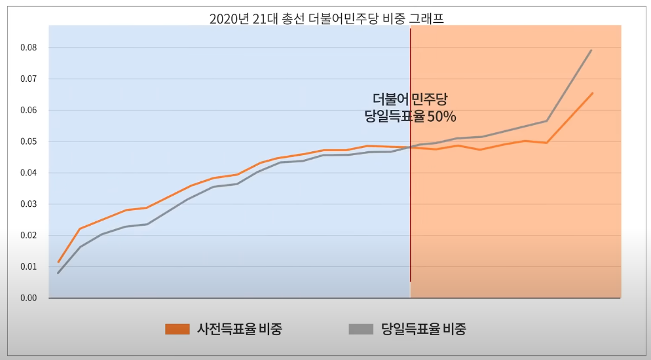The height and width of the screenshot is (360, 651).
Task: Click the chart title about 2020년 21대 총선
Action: coord(326,18)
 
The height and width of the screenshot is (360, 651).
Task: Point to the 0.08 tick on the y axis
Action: coord(28,48)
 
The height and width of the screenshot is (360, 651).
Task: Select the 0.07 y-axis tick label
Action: coord(28,79)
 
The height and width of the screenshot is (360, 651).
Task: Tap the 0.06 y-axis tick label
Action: coord(28,111)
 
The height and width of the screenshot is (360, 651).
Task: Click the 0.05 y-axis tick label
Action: coord(28,142)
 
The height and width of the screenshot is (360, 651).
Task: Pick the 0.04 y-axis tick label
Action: coord(28,173)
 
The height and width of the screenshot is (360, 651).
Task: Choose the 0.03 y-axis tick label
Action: coord(28,204)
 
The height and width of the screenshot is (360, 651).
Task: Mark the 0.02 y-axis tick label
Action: coord(28,236)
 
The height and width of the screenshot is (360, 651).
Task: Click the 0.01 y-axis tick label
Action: coord(28,267)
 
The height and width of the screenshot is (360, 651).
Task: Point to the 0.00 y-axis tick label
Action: coord(28,298)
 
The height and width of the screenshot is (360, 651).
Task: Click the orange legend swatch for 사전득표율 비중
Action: coord(177,329)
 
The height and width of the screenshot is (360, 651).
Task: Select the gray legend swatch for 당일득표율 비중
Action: coord(361,329)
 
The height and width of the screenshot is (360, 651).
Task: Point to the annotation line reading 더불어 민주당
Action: coord(410,99)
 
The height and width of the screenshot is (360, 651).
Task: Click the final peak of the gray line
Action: coord(591,50)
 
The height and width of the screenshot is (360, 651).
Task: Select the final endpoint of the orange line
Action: coord(592,93)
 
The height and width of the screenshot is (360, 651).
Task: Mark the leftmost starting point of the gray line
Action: coord(58,273)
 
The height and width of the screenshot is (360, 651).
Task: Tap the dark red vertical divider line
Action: coord(410,196)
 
